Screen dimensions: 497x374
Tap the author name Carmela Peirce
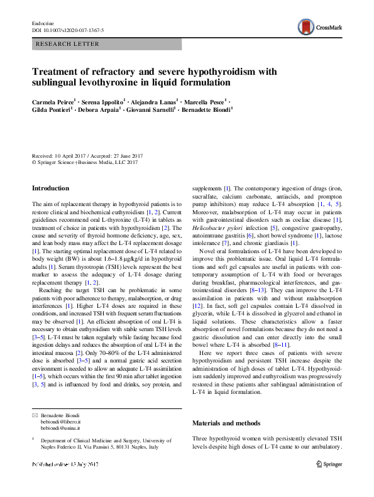pos(53,101)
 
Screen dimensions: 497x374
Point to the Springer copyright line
pos(84,162)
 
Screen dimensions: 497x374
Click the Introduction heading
pos(50,188)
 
